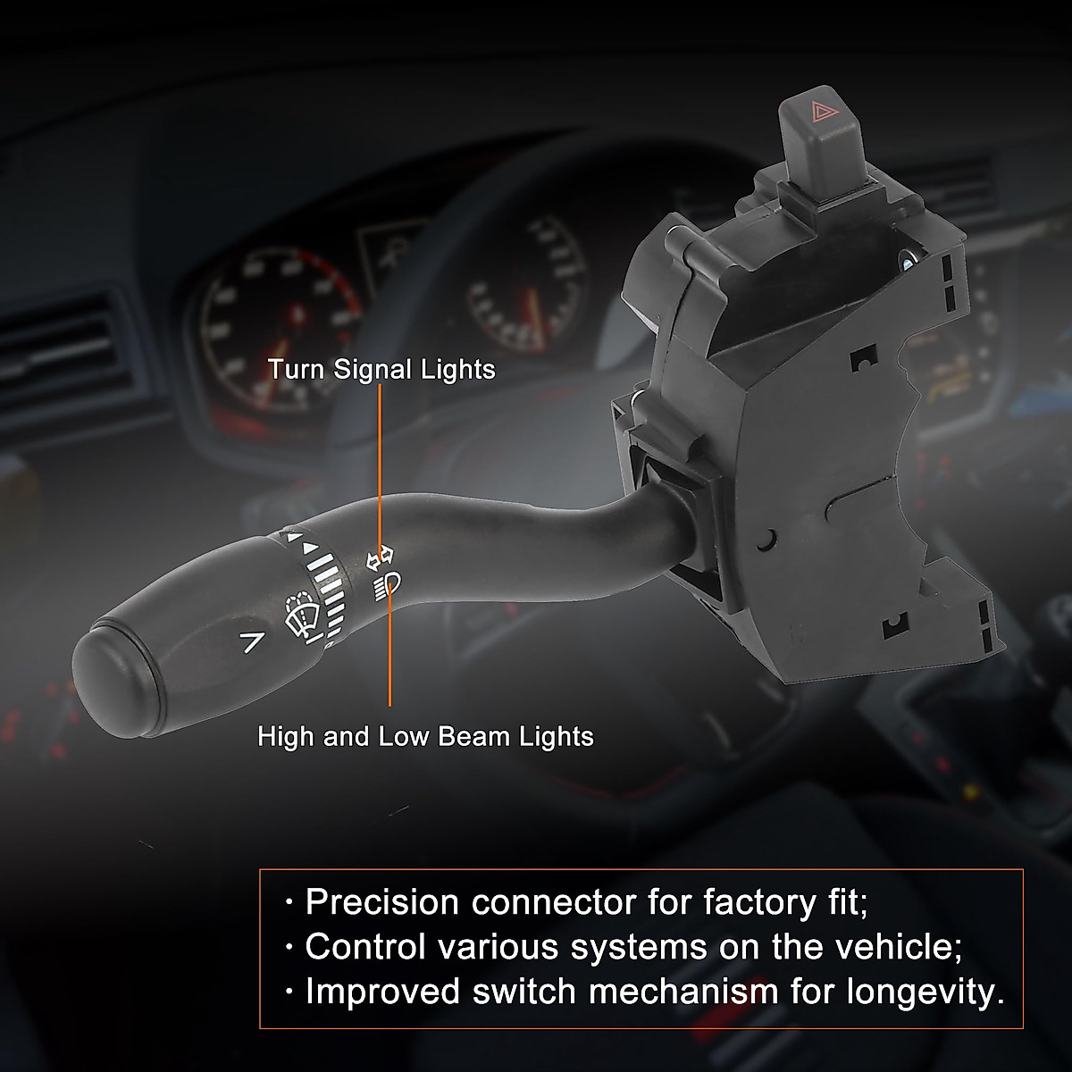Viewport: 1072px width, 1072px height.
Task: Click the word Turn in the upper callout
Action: pos(297,369)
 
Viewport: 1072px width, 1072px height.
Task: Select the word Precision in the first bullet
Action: pos(382,902)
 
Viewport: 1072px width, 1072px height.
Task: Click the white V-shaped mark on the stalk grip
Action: pos(253,640)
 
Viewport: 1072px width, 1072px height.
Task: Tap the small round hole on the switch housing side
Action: pos(765,539)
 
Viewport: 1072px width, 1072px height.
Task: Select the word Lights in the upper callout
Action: pos(458,369)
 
